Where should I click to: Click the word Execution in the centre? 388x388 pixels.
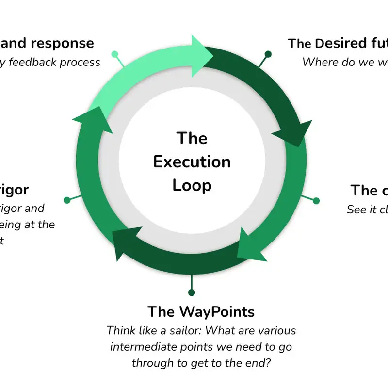click(x=192, y=162)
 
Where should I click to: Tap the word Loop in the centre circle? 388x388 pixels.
click(x=192, y=185)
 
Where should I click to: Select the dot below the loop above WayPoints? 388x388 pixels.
click(x=192, y=292)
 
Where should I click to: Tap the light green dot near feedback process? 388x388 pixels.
click(x=114, y=53)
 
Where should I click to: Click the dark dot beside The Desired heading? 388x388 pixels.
click(x=267, y=53)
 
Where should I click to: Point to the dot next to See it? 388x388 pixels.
click(x=316, y=200)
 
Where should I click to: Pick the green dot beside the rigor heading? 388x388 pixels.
click(x=67, y=200)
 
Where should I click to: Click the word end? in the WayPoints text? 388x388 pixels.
click(x=259, y=363)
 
